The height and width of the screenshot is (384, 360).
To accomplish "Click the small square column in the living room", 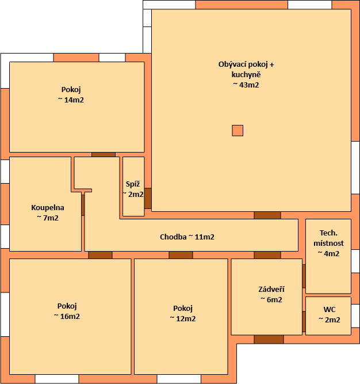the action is pyautogui.click(x=238, y=131).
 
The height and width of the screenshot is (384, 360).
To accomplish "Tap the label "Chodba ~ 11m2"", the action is pyautogui.click(x=187, y=237).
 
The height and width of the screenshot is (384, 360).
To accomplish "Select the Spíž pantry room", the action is pyautogui.click(x=133, y=187).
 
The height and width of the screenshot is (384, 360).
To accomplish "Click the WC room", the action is pyautogui.click(x=328, y=316).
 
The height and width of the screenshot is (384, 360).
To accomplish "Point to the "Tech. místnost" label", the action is pyautogui.click(x=328, y=238).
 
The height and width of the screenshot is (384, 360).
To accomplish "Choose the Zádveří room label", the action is pyautogui.click(x=271, y=289).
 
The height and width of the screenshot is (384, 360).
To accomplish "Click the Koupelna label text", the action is pyautogui.click(x=48, y=207).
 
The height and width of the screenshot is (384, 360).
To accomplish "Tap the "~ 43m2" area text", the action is pyautogui.click(x=246, y=85).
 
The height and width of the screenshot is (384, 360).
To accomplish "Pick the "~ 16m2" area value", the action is pyautogui.click(x=67, y=316).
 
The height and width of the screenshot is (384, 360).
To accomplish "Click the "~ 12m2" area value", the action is pyautogui.click(x=183, y=318).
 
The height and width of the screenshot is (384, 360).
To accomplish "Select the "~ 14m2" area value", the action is pyautogui.click(x=71, y=100).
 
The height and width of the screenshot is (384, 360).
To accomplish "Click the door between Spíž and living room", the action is pyautogui.click(x=148, y=199).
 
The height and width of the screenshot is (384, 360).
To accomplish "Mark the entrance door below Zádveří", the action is pyautogui.click(x=269, y=340).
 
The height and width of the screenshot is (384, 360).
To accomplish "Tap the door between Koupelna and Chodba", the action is pyautogui.click(x=83, y=205).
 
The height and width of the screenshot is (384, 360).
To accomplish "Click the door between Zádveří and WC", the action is pyautogui.click(x=304, y=322).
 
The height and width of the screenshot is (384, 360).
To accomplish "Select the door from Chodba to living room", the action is pyautogui.click(x=267, y=215).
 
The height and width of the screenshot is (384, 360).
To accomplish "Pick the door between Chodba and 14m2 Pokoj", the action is pyautogui.click(x=104, y=154).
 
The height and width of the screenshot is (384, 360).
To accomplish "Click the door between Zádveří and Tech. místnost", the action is pyautogui.click(x=304, y=276).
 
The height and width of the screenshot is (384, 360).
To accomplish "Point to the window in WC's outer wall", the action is pyautogui.click(x=355, y=315).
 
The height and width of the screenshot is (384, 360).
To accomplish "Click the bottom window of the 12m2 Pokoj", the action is pyautogui.click(x=179, y=379).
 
